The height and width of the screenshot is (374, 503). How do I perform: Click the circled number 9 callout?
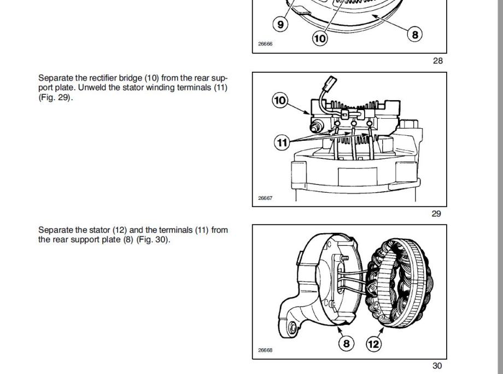[x=280, y=24]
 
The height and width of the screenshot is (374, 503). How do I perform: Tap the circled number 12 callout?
[x=374, y=344]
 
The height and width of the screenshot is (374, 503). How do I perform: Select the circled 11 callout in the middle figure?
[x=282, y=142]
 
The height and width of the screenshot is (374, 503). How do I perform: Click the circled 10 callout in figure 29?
[x=280, y=100]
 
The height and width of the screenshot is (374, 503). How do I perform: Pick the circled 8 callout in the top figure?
[x=415, y=34]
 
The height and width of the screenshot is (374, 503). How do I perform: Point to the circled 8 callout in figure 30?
[x=347, y=343]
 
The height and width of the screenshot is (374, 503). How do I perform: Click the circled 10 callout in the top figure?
[x=320, y=38]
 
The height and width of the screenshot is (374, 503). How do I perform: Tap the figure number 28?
[x=437, y=61]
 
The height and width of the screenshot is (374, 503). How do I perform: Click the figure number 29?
[x=436, y=214]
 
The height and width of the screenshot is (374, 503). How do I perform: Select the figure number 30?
[x=437, y=366]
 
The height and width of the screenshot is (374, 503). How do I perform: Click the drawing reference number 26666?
[x=265, y=44]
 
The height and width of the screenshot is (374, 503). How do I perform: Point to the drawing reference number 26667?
[x=265, y=198]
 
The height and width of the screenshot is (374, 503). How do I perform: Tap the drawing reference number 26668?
[x=265, y=350]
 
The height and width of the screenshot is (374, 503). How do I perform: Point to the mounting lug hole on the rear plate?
[x=293, y=329]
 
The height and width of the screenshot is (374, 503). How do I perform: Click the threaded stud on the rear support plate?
[x=345, y=258]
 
